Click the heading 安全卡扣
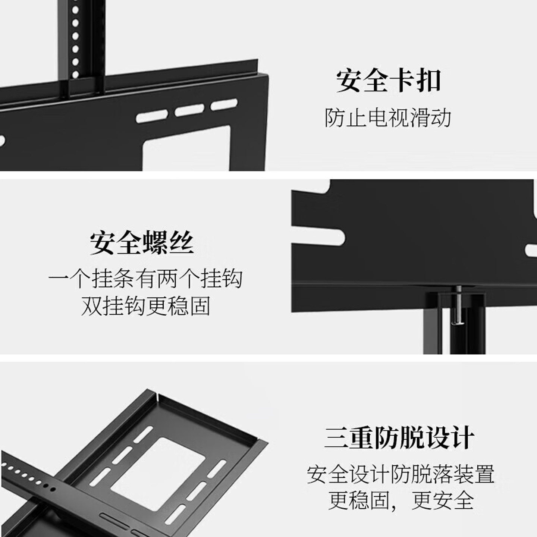tap(388, 81)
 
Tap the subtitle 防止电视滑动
tap(388, 118)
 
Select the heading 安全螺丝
tap(142, 243)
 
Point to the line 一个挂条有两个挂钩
tap(145, 279)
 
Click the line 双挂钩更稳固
tap(145, 306)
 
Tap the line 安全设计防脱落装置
tap(401, 474)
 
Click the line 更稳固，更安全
tap(401, 500)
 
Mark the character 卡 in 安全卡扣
tap(401, 81)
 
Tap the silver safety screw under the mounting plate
tap(457, 306)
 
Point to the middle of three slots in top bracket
tap(189, 110)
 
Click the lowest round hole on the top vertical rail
tap(75, 74)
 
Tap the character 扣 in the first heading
tap(428, 81)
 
